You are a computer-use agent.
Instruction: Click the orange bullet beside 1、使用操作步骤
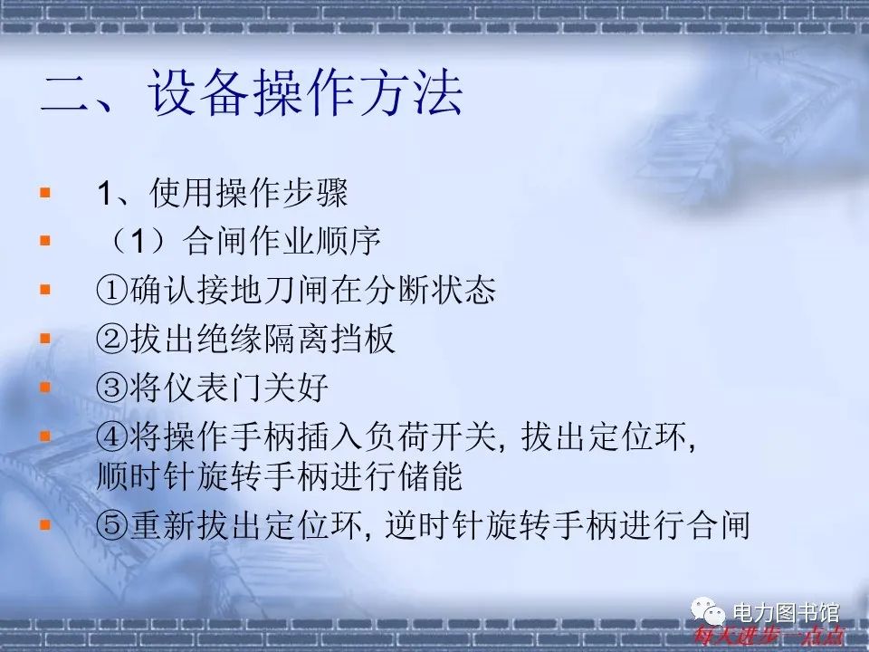tap(45, 193)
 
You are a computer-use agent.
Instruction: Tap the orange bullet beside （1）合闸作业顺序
tap(45, 242)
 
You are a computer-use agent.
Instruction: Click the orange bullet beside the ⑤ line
tap(45, 524)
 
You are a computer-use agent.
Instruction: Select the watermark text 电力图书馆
tap(785, 613)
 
